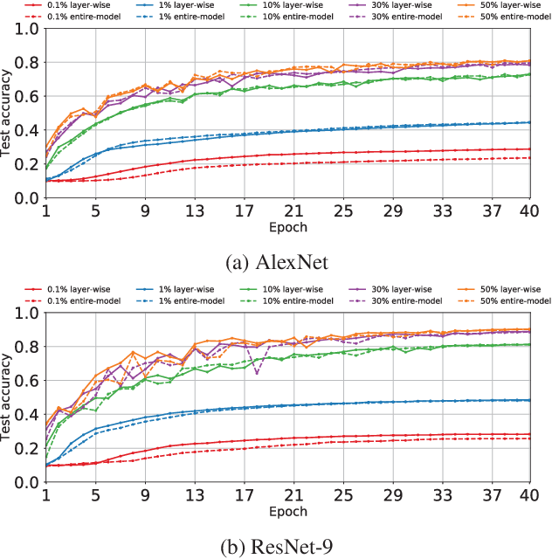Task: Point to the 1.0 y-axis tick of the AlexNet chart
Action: point(27,29)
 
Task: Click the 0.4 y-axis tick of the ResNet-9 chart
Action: point(27,415)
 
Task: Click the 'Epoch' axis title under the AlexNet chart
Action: point(287,226)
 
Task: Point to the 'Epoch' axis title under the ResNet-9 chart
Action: point(287,511)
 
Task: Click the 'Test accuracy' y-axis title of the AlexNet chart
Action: point(8,114)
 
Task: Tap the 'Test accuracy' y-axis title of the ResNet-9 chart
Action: point(8,397)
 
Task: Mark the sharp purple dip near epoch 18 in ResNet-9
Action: point(257,374)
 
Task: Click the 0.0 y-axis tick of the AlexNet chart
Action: point(27,198)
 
